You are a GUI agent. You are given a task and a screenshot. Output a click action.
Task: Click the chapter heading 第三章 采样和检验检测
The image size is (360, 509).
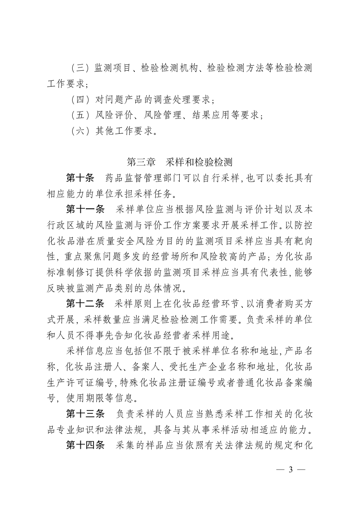click(180, 162)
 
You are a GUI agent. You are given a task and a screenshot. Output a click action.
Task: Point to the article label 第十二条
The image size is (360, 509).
click(85, 303)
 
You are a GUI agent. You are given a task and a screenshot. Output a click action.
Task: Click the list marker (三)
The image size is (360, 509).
click(80, 68)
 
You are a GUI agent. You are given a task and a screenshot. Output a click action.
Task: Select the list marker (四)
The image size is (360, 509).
click(80, 99)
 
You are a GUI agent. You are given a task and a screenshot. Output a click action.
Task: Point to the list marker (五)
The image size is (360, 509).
click(80, 115)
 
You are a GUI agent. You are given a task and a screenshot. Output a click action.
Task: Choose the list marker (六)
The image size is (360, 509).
click(80, 131)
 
